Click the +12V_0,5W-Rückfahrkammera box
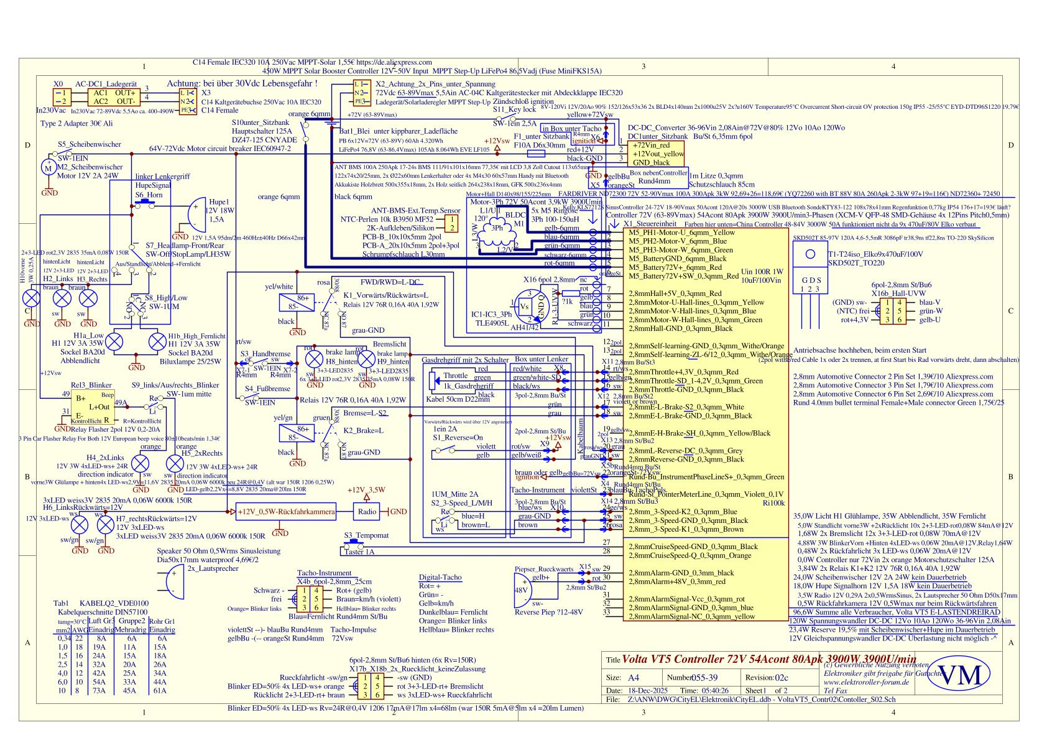point(285,512)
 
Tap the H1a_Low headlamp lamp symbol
point(115,342)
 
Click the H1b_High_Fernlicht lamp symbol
point(157,342)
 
